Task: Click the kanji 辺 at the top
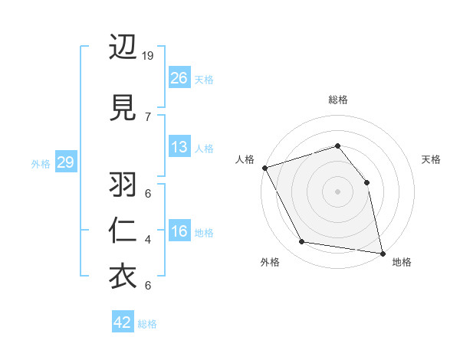123,48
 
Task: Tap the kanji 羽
123,186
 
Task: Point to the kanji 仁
123,231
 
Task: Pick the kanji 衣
123,277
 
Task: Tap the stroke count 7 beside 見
148,116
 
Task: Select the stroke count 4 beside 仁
148,240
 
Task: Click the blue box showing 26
179,77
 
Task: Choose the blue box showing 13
179,147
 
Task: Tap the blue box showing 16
179,231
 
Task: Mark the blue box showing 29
65,162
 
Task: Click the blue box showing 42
123,322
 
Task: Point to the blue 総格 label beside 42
148,324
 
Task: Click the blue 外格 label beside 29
41,163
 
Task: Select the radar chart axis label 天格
432,159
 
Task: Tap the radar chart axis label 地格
402,262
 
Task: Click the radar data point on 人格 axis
264,168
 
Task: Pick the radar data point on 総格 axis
337,146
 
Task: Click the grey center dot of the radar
337,191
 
